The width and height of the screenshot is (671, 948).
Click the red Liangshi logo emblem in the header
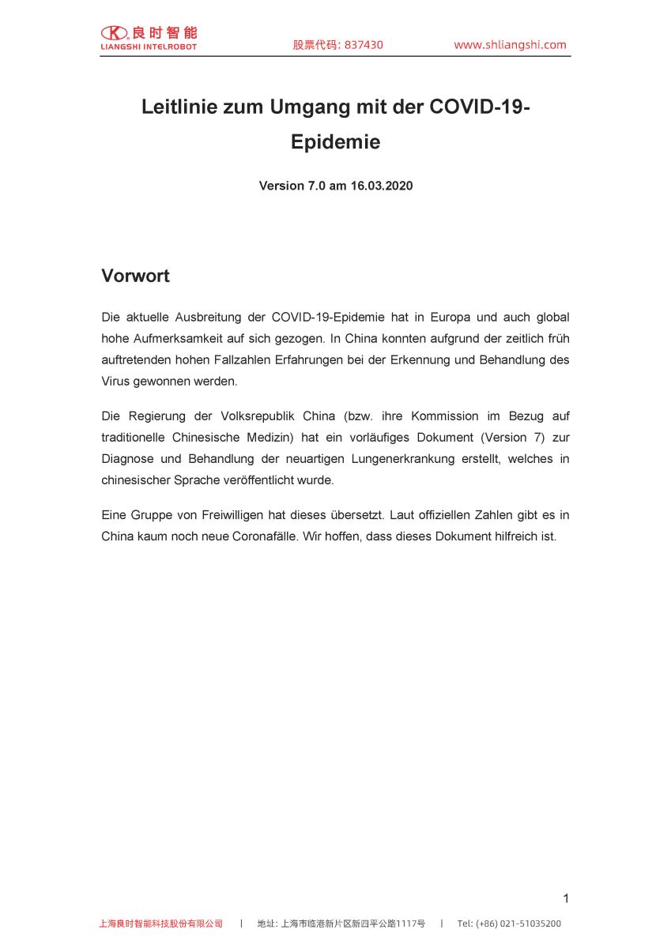[114, 32]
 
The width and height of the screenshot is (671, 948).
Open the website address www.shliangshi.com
[510, 45]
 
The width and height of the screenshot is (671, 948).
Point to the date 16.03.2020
[382, 186]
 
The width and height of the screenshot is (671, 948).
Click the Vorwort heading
[135, 276]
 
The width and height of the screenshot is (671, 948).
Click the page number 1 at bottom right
[566, 898]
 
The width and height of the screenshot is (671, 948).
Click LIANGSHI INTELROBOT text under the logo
[149, 47]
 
